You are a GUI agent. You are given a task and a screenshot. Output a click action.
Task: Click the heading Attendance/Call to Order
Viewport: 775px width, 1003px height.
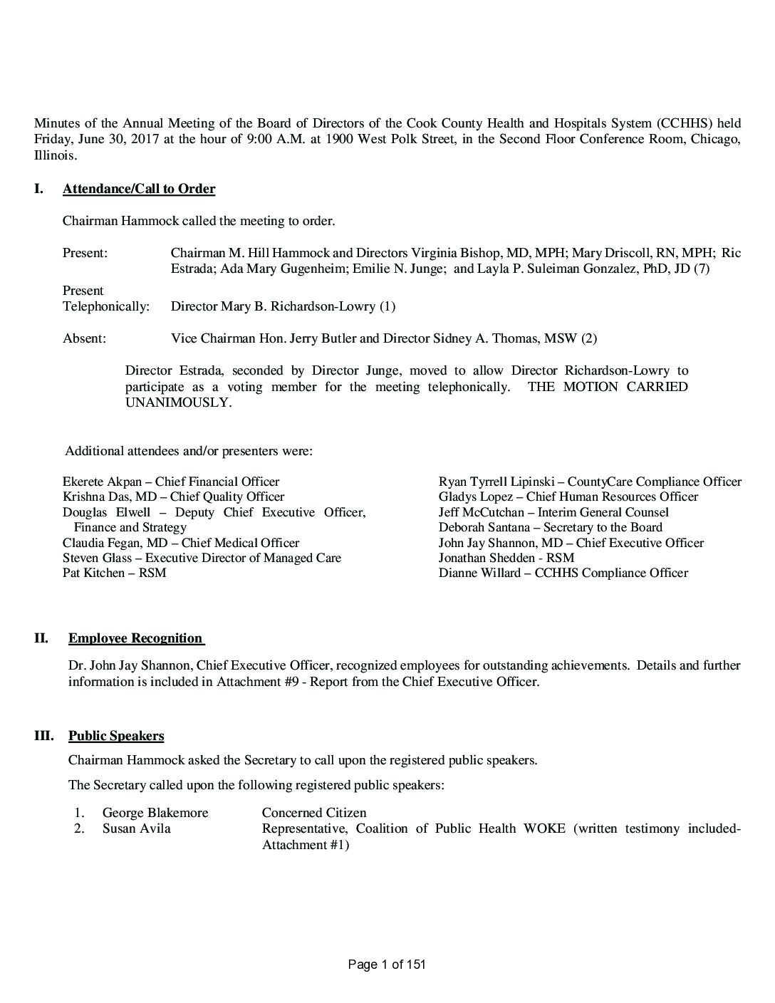(139, 189)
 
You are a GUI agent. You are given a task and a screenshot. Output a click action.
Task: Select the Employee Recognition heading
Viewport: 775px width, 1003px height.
(136, 638)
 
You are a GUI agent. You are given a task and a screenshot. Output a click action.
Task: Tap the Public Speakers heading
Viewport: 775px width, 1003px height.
(116, 736)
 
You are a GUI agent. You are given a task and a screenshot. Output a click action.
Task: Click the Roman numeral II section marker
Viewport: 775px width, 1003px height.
(41, 638)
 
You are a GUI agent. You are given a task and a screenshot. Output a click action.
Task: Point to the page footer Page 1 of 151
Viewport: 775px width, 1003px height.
(387, 965)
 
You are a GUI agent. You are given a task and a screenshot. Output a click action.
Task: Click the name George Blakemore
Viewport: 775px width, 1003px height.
(155, 813)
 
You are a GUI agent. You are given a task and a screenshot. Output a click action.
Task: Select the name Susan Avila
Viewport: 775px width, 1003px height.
(136, 828)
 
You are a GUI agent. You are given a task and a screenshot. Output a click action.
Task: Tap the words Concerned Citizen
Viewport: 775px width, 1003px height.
(314, 813)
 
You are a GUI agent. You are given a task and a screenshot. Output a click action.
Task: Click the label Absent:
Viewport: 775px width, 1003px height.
(84, 338)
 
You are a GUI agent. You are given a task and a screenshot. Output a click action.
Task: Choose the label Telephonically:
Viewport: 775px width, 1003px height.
(106, 306)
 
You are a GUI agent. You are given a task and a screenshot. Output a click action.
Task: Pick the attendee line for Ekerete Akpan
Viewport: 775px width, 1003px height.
(171, 482)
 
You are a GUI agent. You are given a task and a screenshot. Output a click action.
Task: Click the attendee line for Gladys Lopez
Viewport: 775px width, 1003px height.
(568, 497)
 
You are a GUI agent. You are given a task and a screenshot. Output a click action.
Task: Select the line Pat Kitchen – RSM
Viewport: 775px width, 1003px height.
(115, 573)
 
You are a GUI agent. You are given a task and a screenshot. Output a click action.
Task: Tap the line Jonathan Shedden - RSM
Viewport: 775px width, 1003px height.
(506, 558)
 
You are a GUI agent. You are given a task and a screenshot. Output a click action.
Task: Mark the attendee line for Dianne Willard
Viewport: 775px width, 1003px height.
(563, 573)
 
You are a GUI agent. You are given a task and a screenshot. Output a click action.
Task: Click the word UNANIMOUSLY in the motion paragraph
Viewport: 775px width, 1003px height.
(178, 402)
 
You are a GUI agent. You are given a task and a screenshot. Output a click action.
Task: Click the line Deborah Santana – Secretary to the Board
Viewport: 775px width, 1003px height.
(550, 527)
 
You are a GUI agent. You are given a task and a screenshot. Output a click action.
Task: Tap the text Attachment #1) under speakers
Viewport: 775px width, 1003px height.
(306, 845)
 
